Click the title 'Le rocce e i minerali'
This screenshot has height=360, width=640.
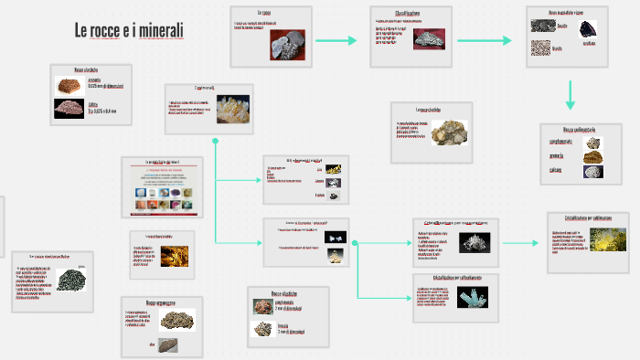coord(129,31)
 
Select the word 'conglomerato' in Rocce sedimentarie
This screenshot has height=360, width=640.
coord(561,141)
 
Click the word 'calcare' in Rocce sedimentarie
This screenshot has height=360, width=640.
coord(556,170)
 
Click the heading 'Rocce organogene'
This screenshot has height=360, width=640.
coord(161,302)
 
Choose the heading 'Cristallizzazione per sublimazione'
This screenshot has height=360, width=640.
coord(588,218)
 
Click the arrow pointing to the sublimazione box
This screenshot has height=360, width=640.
coord(522,243)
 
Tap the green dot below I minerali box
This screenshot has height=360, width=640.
coord(216,141)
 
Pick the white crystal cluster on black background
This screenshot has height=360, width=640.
coord(474,242)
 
